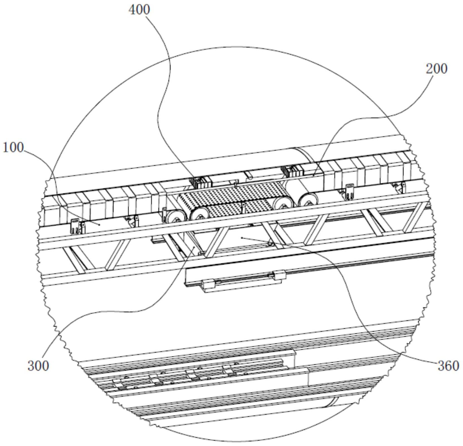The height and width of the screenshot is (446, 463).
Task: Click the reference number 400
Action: (x=139, y=10)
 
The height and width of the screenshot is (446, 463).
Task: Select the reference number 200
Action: (x=437, y=69)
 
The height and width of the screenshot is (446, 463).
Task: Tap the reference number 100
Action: (x=13, y=148)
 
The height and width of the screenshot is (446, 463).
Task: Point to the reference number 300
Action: (x=38, y=366)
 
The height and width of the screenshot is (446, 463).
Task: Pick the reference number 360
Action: (x=448, y=366)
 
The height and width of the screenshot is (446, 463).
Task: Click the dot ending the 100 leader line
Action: (x=99, y=224)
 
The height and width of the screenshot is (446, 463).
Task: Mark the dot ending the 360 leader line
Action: (x=242, y=237)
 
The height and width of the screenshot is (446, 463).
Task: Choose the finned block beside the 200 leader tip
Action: (x=291, y=171)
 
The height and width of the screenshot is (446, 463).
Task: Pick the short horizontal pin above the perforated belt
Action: (x=249, y=175)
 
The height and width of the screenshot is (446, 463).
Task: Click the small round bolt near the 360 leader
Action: (x=270, y=244)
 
